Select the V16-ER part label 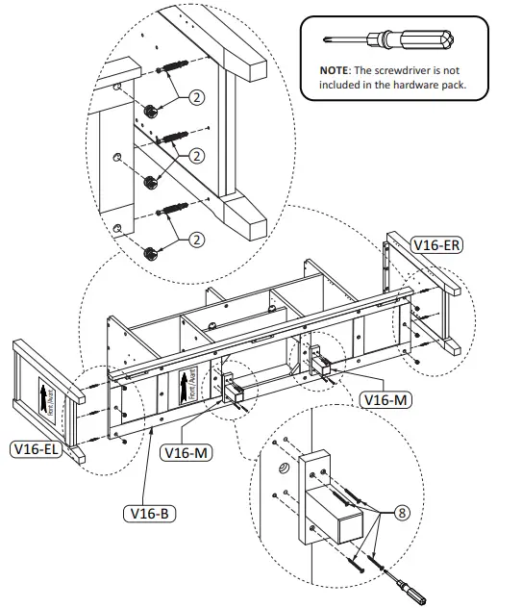click(436, 244)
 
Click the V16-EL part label click(35, 448)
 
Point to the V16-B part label click(149, 513)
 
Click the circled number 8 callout click(402, 514)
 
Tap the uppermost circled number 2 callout click(196, 97)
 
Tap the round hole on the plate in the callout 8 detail click(286, 468)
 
